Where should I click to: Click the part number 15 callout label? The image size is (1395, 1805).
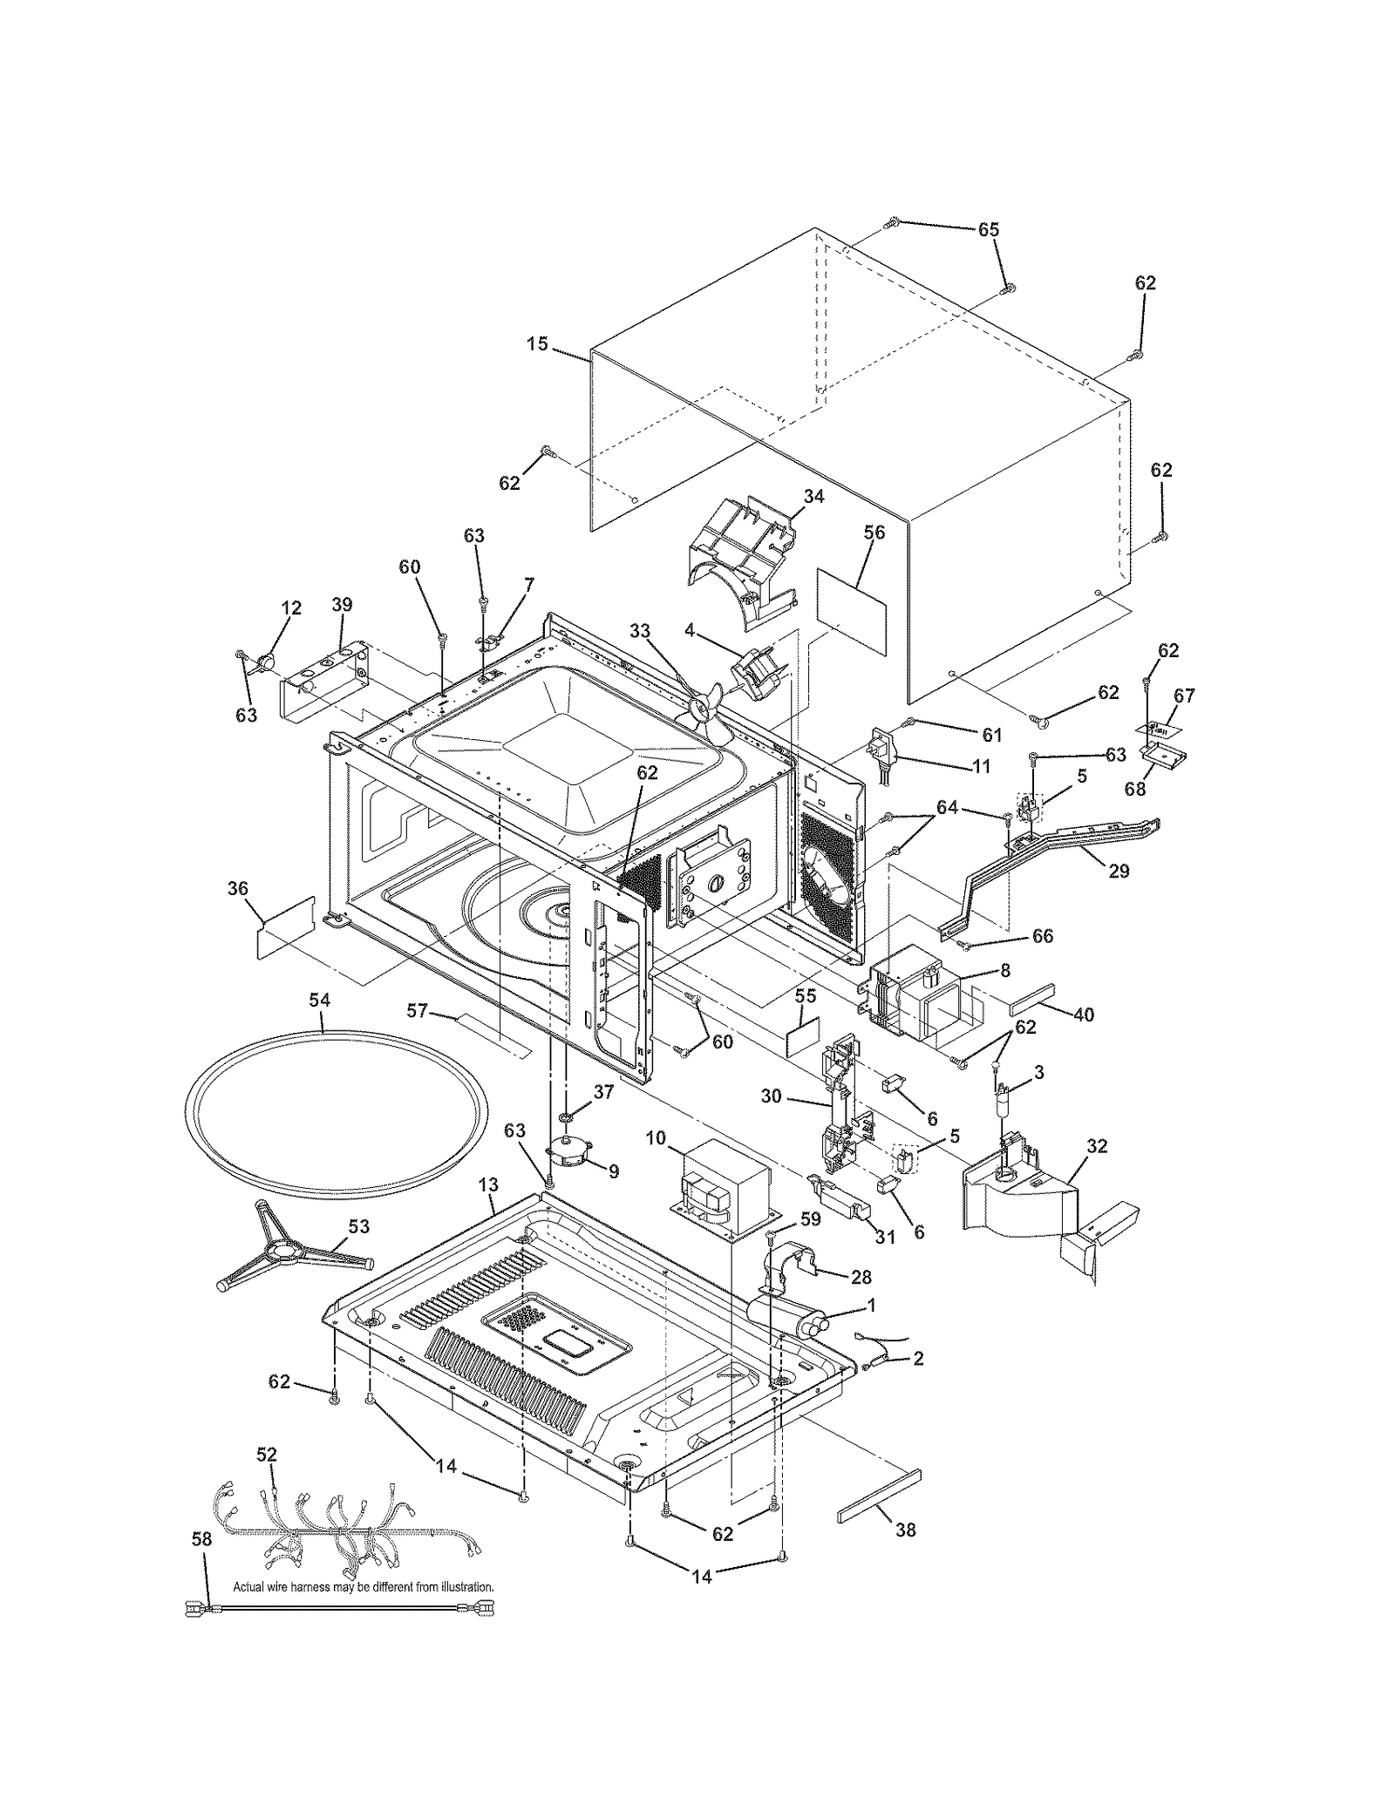point(537,344)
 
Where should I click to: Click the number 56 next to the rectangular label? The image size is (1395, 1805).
point(874,533)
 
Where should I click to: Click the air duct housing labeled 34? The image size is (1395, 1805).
point(741,558)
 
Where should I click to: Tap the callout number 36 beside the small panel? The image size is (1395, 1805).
point(237,889)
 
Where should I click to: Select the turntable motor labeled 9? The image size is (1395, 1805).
point(568,1154)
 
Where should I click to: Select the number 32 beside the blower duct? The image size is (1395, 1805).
point(1097,1146)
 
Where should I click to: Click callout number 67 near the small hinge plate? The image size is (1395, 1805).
point(1184,696)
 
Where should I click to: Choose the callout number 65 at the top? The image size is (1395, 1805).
point(988,229)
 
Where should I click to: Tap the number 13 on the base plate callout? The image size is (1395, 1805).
point(488,1184)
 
